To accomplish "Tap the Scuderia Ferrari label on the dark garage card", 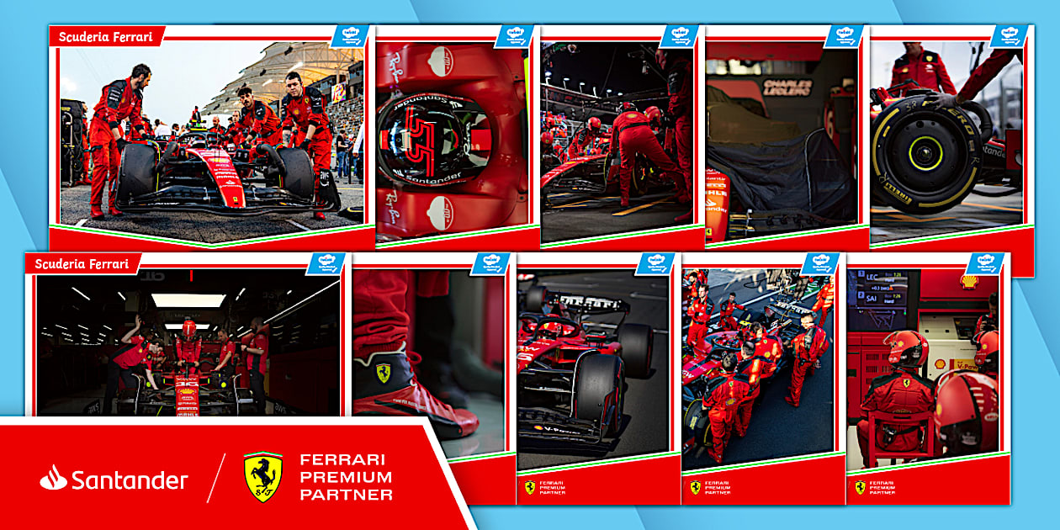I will point(82,263).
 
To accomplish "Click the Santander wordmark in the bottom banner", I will point(129,480).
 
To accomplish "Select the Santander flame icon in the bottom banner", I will point(53,478).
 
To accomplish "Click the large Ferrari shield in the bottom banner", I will point(262,477).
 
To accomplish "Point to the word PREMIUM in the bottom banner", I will point(346,477).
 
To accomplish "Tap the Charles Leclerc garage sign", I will point(787,87).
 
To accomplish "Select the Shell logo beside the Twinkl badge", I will point(970,282).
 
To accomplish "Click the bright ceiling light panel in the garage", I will point(188,300).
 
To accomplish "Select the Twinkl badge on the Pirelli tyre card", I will point(1007,36).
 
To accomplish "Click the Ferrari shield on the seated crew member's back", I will point(908,383).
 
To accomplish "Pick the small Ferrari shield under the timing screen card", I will point(860,487).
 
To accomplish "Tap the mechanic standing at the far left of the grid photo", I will point(113,135).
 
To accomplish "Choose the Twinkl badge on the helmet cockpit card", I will point(515,36).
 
